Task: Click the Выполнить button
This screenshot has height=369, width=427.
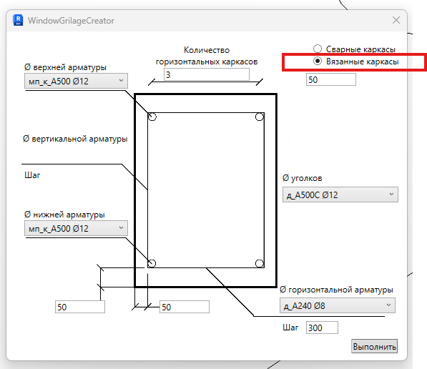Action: [x=374, y=346]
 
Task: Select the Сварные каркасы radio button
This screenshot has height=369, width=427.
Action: [x=318, y=49]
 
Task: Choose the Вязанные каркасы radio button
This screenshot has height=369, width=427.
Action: [x=318, y=61]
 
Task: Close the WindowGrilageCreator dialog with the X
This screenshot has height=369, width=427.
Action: [x=396, y=20]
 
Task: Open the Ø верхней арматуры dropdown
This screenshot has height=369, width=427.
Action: [x=76, y=81]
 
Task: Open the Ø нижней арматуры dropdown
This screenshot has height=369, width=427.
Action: [x=76, y=228]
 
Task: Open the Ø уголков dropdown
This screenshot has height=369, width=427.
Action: [x=340, y=195]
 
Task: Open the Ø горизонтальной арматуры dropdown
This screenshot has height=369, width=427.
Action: [x=338, y=305]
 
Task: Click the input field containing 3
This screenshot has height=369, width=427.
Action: [x=207, y=74]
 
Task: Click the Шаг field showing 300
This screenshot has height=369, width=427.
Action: [x=322, y=328]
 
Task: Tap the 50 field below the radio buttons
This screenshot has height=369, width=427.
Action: [x=331, y=79]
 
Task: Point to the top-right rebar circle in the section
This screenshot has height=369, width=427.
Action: [x=260, y=117]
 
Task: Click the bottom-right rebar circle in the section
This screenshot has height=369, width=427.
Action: [x=260, y=263]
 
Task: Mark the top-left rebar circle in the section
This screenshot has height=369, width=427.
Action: [x=152, y=117]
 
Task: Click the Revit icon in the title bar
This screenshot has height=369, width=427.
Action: [x=19, y=21]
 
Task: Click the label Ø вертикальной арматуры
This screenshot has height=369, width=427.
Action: [x=75, y=139]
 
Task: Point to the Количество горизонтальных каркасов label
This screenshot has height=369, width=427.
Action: [x=207, y=56]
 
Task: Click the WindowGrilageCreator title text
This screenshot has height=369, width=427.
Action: [x=71, y=21]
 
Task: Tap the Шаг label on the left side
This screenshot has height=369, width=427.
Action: [x=32, y=175]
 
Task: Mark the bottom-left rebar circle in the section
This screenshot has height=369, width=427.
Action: [x=152, y=263]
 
